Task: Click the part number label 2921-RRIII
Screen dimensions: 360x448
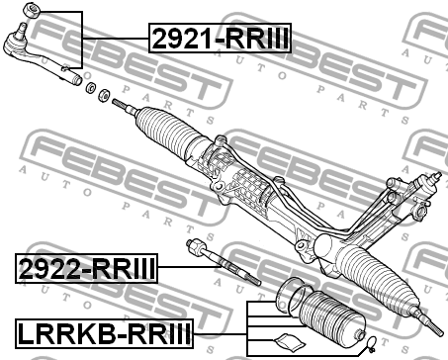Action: coord(220,39)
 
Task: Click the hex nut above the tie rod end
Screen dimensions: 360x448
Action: coord(30,11)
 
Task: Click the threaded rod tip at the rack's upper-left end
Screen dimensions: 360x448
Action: coord(120,103)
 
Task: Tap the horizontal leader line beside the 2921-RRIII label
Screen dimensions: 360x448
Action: coord(117,39)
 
